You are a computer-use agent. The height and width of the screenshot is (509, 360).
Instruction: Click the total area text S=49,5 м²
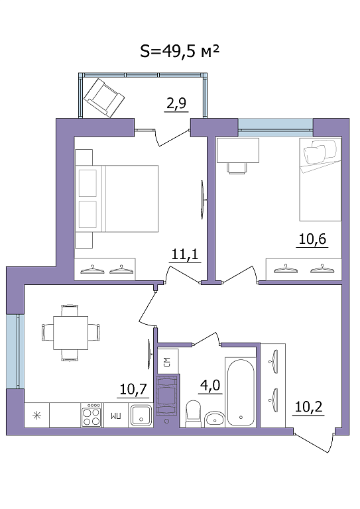[180, 51]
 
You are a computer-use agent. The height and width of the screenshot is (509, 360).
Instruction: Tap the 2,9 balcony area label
[176, 103]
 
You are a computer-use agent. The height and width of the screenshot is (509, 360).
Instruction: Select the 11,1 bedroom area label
[184, 254]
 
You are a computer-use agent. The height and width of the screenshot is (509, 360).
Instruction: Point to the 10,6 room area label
[312, 239]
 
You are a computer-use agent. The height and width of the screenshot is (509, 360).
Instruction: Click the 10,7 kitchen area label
[133, 389]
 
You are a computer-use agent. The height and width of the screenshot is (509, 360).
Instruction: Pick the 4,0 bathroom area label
[210, 386]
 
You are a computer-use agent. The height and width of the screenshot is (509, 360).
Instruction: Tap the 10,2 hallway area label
[309, 406]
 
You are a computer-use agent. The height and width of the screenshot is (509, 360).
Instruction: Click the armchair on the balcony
[104, 97]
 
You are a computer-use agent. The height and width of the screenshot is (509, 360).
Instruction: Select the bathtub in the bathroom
[241, 392]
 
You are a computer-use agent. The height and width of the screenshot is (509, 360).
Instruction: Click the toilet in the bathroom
[194, 414]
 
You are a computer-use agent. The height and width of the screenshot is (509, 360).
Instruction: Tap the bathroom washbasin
[215, 420]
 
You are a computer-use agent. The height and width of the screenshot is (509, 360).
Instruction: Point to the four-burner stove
[91, 415]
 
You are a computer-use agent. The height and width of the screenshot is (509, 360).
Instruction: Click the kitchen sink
[141, 415]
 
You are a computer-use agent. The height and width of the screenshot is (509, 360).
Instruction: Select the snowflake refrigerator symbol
[36, 415]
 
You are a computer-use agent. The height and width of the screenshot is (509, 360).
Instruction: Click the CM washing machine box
[168, 362]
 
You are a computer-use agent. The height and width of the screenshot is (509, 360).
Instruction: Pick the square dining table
[71, 333]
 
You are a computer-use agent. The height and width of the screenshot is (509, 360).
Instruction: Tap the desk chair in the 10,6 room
[237, 168]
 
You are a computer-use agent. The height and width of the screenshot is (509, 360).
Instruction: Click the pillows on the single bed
[320, 152]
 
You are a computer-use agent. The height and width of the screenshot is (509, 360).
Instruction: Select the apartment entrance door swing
[315, 441]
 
